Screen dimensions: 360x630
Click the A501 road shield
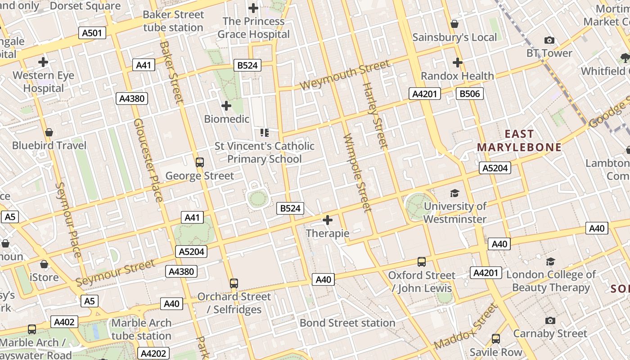pos(92,33)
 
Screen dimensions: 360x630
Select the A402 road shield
pos(64,322)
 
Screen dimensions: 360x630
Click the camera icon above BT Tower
pos(549,40)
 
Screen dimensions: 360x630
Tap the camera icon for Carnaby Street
pos(550,321)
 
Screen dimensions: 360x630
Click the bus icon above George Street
pos(200,162)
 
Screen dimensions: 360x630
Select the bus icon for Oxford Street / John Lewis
pos(422,262)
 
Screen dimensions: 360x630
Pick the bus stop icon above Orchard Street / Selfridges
pos(234,283)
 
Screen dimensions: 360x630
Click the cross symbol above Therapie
pos(328,220)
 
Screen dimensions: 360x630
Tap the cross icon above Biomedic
pos(226,106)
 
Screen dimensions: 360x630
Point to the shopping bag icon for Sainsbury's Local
pos(454,24)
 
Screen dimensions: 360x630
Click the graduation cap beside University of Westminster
pos(454,193)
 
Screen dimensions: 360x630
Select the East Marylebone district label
pos(519,141)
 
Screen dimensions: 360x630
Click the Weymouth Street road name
pos(344,75)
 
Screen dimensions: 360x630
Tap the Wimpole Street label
pos(358,172)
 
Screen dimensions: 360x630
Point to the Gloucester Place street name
pos(148,160)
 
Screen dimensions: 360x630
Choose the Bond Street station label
pos(347,323)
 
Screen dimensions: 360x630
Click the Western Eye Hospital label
pos(43,82)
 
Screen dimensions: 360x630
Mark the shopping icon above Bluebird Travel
pos(49,132)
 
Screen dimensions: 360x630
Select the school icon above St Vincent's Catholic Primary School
pos(265,132)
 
